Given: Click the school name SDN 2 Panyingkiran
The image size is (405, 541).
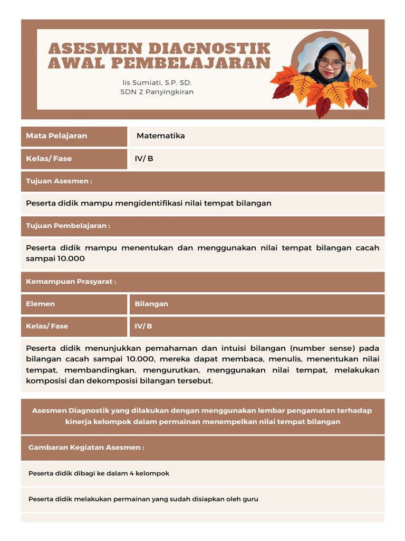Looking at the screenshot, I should pos(157,92).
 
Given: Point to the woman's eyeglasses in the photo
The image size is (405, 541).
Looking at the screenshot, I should pos(331,64).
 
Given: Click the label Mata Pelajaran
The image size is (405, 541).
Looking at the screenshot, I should pos(56,136).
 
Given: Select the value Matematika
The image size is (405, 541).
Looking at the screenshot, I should pos(161,136).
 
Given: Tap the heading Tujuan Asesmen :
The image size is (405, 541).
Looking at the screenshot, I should pos(59,181).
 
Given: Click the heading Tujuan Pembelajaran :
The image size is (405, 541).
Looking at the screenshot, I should pos(68,226).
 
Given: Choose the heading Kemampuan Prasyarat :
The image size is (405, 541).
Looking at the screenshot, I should pos(71,282).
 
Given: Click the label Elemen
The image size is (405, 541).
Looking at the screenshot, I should pos(40,304).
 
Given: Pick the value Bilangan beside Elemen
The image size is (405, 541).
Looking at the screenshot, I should pos(151,304).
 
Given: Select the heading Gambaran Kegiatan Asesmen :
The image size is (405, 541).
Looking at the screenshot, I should pos(86,447).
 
